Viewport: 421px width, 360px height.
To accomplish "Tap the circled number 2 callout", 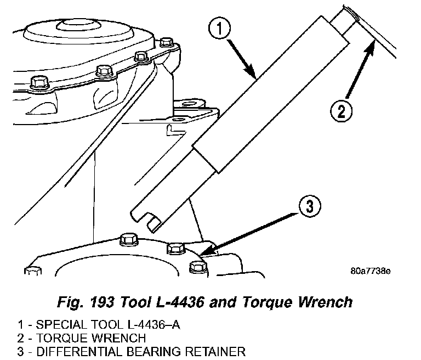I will [x=340, y=112].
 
